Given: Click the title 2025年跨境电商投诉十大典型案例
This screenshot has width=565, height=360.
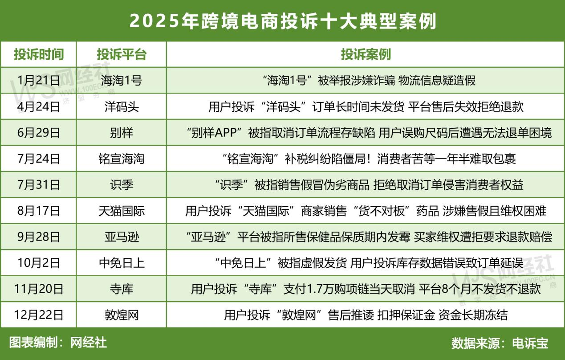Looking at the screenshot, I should click(283, 21).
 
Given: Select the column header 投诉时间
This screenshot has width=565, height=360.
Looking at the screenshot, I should click(38, 54).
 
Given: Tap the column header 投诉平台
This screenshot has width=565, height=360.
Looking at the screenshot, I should click(122, 54).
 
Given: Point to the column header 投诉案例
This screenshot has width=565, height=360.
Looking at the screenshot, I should click(366, 54).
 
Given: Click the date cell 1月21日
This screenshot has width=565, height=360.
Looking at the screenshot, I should click(38, 81).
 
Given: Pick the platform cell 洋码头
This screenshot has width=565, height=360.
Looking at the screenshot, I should click(122, 107).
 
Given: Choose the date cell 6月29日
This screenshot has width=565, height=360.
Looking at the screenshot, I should click(38, 133).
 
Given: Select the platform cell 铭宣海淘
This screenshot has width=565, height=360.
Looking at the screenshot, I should click(122, 159).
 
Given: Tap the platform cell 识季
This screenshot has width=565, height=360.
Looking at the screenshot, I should click(122, 184).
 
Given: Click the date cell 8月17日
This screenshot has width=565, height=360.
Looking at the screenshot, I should click(38, 211).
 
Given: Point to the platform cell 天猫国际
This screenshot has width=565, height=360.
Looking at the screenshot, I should click(122, 211).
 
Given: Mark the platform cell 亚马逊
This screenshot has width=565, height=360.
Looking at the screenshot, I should click(122, 237).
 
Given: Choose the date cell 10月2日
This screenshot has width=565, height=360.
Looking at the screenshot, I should click(38, 263).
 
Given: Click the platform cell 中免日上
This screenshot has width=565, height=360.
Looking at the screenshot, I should click(122, 263).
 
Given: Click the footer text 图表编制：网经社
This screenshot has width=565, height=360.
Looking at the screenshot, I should click(58, 343).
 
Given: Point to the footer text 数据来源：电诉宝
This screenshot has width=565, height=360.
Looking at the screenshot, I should click(500, 343).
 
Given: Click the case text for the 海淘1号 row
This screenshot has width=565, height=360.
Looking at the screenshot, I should click(369, 81).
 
